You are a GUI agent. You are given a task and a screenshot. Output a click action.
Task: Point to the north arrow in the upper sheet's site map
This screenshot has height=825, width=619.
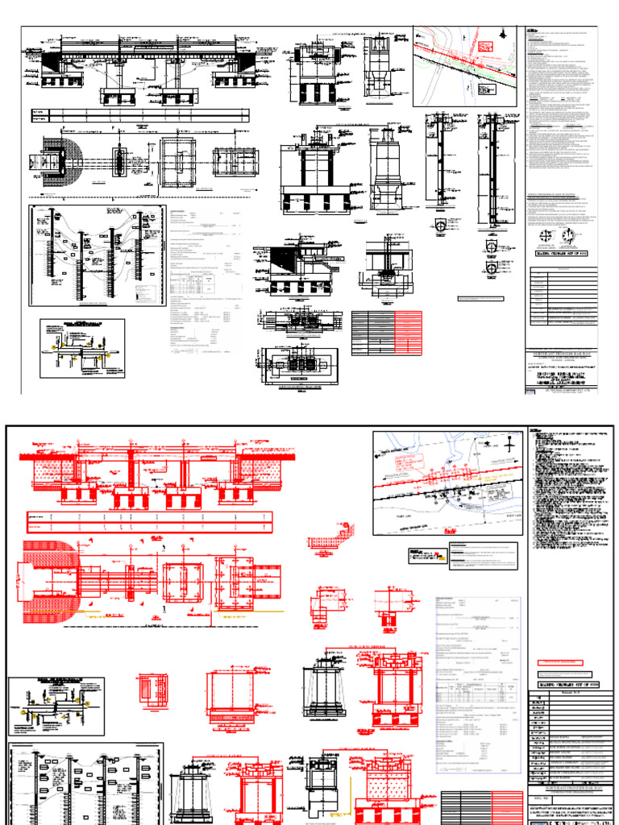(503, 35)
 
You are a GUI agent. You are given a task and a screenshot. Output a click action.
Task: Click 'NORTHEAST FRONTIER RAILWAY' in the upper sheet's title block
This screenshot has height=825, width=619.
(563, 354)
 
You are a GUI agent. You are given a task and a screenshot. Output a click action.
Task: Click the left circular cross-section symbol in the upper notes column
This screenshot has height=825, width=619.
(546, 236)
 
